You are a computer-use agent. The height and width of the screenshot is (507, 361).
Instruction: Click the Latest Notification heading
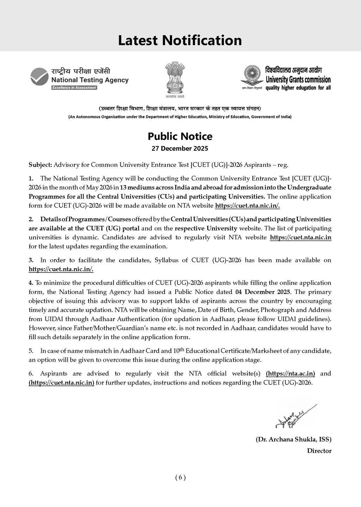coord(180,40)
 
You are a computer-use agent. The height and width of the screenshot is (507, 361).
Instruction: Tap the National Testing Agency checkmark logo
coord(39,76)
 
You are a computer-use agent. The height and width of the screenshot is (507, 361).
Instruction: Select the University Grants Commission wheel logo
coord(252,75)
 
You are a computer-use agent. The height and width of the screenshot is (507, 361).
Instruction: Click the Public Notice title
coord(180,136)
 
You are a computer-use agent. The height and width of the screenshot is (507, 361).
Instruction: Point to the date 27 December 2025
coord(180,148)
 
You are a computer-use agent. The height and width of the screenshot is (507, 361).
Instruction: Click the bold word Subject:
coord(40,165)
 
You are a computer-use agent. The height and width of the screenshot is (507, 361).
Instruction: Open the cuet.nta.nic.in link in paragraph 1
coord(247,206)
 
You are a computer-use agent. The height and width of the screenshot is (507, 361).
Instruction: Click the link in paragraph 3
coord(61,269)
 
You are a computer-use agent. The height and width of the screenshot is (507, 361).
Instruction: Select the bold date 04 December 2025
coord(263,292)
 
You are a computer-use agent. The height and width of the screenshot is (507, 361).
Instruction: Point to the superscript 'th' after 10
coord(181,349)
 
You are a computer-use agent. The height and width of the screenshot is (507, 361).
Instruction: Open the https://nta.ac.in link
coord(290,374)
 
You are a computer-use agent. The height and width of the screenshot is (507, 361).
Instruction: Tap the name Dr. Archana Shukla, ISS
coord(293,439)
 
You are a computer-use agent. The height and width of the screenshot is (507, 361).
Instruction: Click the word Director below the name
coord(319,451)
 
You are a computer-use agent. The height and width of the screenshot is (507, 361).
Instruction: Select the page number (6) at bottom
coord(180,477)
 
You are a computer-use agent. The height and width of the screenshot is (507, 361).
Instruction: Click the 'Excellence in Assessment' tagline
coord(74,88)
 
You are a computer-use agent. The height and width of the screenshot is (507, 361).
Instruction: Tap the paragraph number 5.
coord(31,351)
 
